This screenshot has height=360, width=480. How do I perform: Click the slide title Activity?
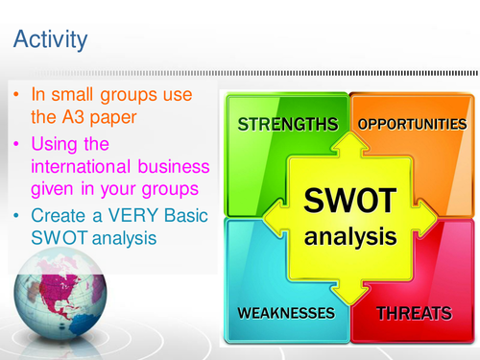point(50,39)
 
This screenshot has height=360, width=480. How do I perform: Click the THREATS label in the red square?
point(415,313)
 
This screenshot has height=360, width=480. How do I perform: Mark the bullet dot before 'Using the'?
point(16,143)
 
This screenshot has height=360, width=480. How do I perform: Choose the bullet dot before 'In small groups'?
point(16,96)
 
